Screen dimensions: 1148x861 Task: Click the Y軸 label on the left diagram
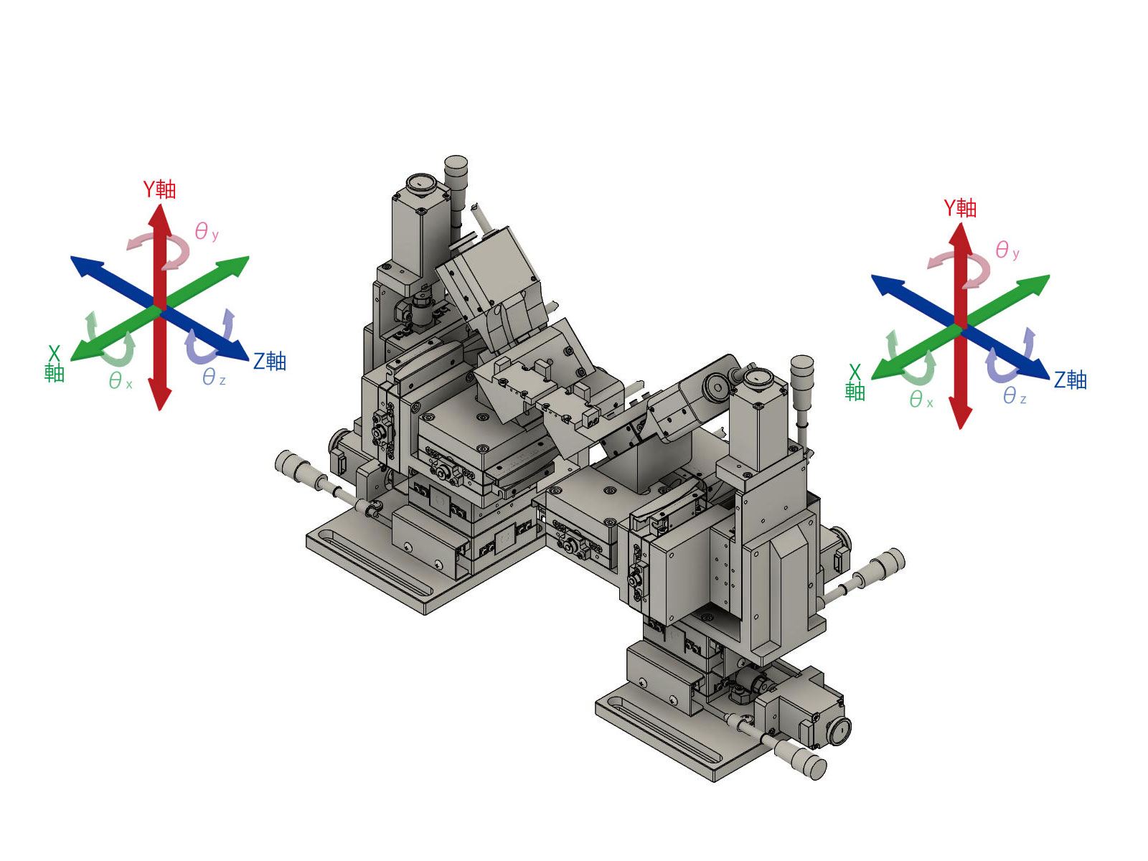coord(159,189)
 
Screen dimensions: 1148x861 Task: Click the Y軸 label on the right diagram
coord(959,208)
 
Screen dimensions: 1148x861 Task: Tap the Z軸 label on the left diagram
coord(269,361)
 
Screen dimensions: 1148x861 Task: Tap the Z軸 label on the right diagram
coord(1070,380)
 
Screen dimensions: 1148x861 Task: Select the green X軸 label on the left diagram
coord(54,364)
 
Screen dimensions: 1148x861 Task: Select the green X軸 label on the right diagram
coord(855,382)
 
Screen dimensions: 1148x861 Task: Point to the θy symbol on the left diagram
coord(206,231)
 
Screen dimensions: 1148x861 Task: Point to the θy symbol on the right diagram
coord(1007,250)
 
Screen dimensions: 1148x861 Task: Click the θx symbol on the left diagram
coord(121,380)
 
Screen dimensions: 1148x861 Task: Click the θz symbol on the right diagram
coord(1014,396)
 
